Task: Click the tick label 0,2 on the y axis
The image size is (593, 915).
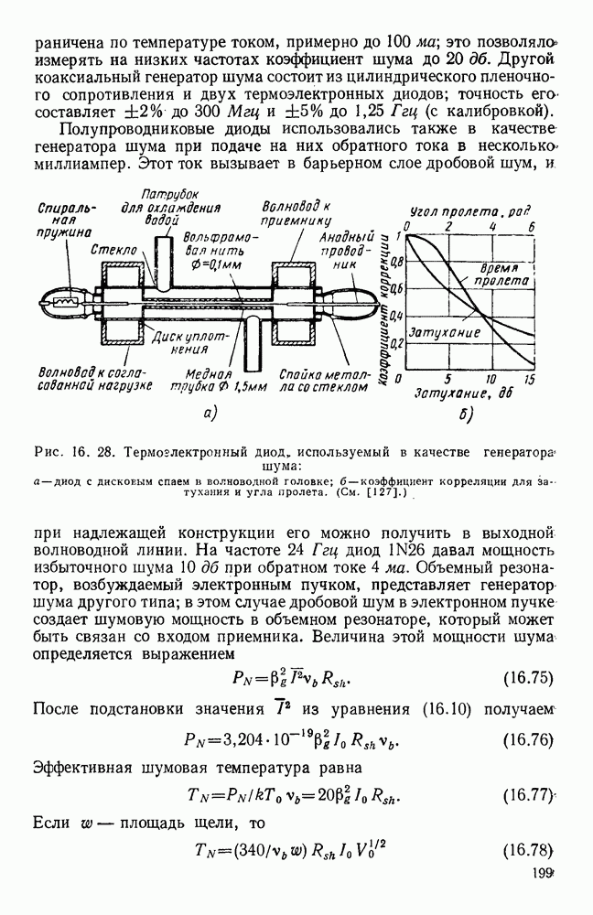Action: (396, 344)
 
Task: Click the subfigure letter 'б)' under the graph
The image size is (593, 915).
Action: (465, 417)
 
